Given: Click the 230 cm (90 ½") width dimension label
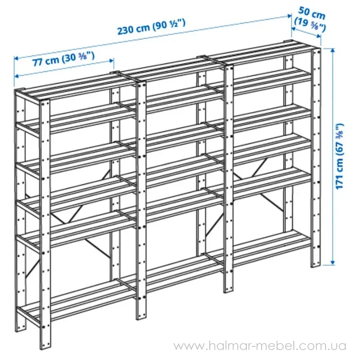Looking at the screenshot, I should tap(151, 27).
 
